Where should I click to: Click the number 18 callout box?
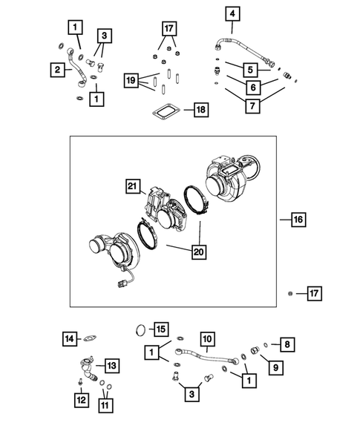click(x=200, y=111)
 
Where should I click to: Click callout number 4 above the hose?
click(x=233, y=13)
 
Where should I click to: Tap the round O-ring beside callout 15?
click(x=140, y=328)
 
